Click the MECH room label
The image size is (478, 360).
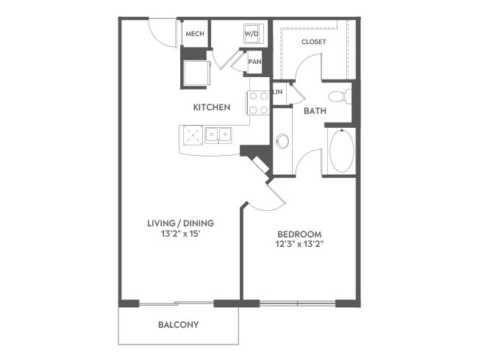click(195, 34)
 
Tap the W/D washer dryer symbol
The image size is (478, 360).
click(252, 34)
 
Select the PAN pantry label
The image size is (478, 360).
click(255, 62)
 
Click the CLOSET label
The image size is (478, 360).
click(314, 42)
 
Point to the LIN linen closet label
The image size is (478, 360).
click(278, 92)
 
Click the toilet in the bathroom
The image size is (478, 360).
click(340, 96)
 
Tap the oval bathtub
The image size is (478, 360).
click(342, 151)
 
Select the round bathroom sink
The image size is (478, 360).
click(282, 141)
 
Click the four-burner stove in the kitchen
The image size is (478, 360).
click(258, 103)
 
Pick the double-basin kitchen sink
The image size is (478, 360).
click(218, 135)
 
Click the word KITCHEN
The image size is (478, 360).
click(212, 107)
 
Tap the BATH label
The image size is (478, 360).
click(315, 111)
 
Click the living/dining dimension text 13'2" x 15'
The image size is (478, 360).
click(181, 234)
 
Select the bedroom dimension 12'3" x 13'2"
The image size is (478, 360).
click(299, 244)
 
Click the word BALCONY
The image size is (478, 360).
click(179, 325)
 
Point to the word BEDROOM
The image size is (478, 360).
click(299, 234)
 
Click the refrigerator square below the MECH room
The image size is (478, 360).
click(196, 73)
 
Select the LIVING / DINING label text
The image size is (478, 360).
click(181, 223)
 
